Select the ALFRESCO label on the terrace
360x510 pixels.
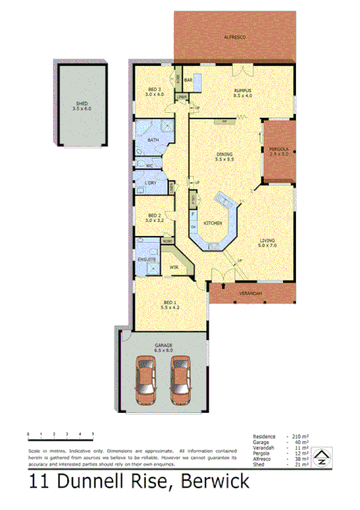point(234,38)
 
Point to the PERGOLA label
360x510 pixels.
point(278,150)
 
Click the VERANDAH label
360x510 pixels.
point(250,294)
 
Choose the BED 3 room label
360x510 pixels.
point(154,88)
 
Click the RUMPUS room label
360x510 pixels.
point(243,91)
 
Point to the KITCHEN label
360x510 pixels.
point(212,223)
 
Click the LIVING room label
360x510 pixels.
point(267,240)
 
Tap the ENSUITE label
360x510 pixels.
point(147,260)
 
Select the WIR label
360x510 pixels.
point(173,267)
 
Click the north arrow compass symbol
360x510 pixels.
point(322,459)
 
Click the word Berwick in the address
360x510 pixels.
point(215,482)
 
